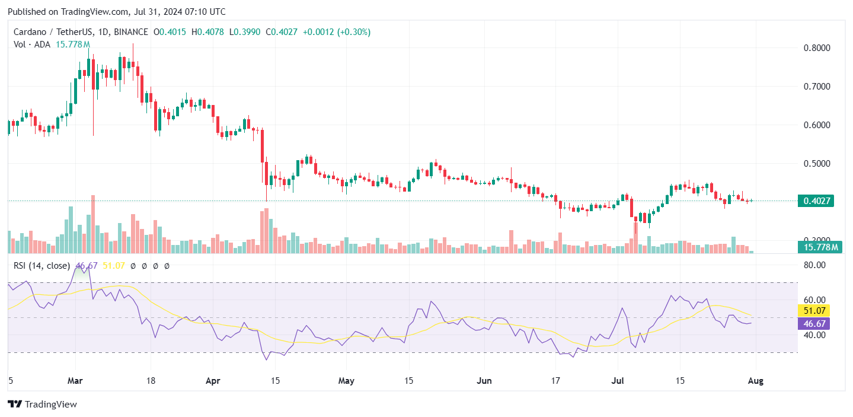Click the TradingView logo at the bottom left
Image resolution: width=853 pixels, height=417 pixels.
[x=43, y=405]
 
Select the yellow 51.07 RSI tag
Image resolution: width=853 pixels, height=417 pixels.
[x=813, y=310]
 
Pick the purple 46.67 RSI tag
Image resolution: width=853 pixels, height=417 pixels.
[x=813, y=323]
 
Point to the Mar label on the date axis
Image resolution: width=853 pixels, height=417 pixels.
[x=75, y=381]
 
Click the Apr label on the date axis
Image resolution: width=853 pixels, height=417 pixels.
[x=213, y=381]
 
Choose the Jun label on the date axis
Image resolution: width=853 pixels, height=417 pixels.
[x=485, y=381]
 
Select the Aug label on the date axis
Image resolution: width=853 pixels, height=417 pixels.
[x=756, y=381]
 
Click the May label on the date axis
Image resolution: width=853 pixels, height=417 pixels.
[x=346, y=381]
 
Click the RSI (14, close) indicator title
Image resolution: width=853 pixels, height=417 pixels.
[x=41, y=266]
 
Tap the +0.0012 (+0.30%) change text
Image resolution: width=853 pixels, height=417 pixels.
[x=336, y=32]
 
